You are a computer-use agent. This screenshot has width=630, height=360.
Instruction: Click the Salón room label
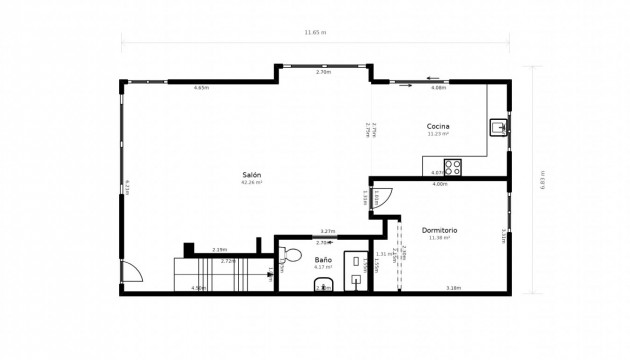tap(251, 175)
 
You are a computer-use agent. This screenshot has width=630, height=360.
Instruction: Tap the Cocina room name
tap(438, 126)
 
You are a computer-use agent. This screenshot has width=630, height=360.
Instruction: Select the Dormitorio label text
tap(439, 230)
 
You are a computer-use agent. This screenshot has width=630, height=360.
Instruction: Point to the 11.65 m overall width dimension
tap(315, 32)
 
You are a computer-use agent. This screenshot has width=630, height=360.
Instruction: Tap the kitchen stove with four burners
tap(453, 167)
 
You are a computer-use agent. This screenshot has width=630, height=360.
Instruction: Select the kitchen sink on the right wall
tap(497, 127)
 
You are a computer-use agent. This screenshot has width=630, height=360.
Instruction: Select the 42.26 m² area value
tap(251, 183)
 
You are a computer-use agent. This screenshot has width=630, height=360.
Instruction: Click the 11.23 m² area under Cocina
tap(438, 133)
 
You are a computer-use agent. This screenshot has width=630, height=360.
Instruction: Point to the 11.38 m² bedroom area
tap(439, 238)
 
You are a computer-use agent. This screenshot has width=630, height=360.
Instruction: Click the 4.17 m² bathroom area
tap(323, 267)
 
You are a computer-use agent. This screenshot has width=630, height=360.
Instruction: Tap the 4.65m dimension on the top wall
tap(201, 88)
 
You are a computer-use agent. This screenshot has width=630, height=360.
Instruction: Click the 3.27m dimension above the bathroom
tap(327, 231)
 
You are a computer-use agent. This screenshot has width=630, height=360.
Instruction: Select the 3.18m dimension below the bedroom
tap(453, 288)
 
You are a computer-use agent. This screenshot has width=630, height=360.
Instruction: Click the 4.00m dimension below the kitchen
tap(439, 184)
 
